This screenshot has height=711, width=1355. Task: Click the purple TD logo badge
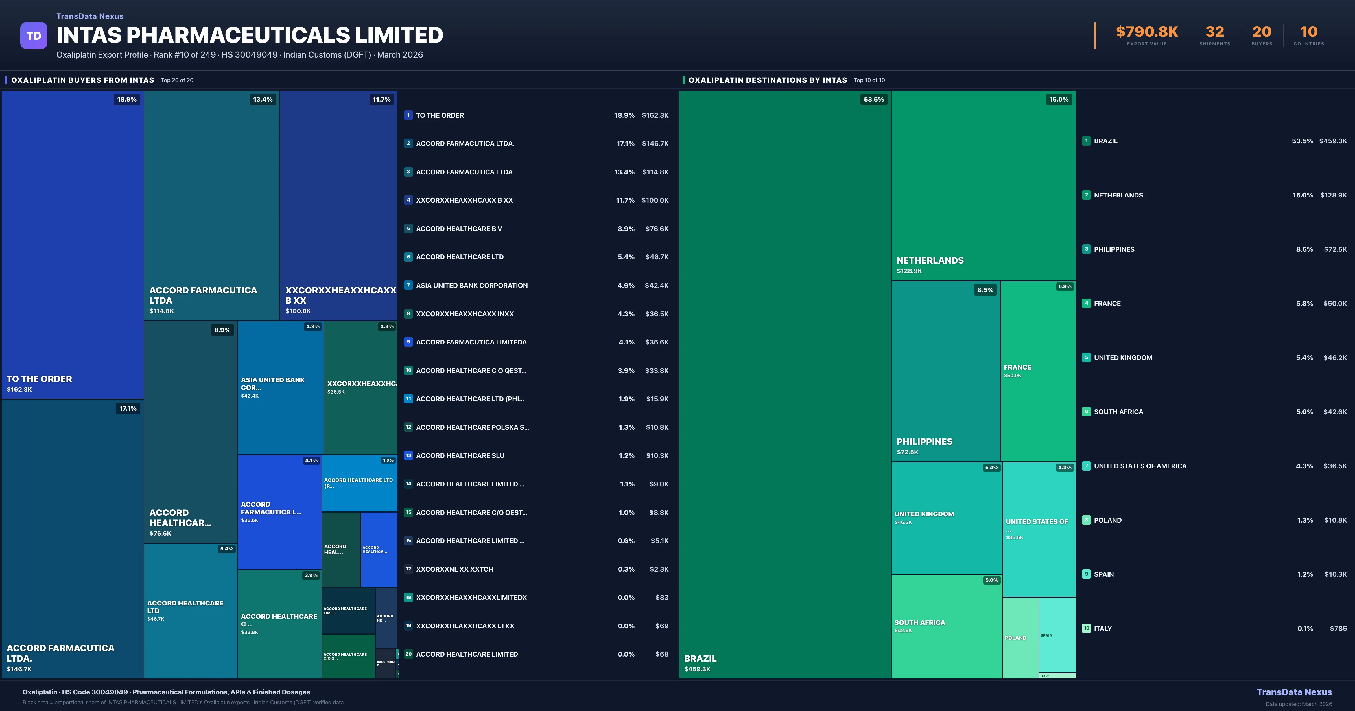click(34, 36)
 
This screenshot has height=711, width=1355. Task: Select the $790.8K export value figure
click(1147, 32)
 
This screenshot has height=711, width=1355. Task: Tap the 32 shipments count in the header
click(1214, 32)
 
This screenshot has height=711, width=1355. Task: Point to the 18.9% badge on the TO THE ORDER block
click(127, 99)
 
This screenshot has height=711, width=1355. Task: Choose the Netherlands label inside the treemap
click(930, 260)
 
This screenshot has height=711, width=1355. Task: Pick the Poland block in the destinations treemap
click(1020, 637)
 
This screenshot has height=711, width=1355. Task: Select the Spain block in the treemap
click(1057, 635)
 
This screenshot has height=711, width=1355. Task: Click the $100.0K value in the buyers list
click(655, 200)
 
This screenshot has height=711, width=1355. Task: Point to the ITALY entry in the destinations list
click(1103, 628)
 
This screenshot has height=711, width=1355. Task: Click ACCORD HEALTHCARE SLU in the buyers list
click(460, 455)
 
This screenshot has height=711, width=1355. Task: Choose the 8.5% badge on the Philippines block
click(985, 290)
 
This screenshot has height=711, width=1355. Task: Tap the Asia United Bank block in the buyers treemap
click(280, 388)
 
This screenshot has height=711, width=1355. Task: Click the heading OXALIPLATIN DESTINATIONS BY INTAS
click(768, 80)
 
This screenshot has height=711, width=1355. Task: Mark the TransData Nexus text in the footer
click(1294, 692)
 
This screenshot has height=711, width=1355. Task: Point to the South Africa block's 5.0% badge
click(991, 580)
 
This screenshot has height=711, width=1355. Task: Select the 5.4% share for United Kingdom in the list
click(1304, 357)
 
